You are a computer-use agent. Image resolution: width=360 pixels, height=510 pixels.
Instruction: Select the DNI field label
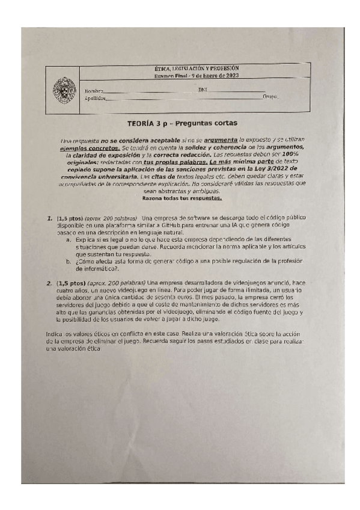tap(202, 89)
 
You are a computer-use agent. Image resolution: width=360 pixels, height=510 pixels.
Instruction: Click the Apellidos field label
tap(96, 97)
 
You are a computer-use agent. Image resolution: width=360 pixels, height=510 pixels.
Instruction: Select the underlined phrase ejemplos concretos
tap(89, 146)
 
